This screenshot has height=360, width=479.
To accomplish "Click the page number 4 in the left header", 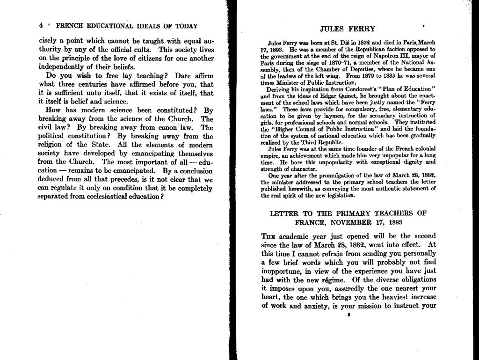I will coord(41,26).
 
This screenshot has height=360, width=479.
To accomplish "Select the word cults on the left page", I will coord(142,50).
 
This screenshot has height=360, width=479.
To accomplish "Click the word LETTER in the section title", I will coord(286,213).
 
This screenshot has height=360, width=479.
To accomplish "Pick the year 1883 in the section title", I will coord(393,222).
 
